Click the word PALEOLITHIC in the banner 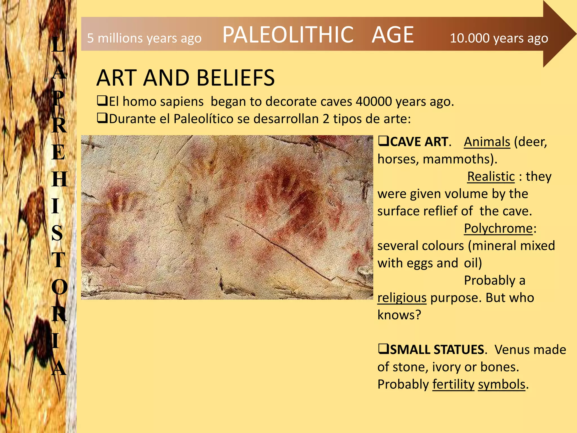pyautogui.click(x=288, y=35)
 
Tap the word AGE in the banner pyautogui.click(x=392, y=35)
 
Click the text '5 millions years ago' pyautogui.click(x=144, y=38)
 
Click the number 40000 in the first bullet pyautogui.click(x=374, y=101)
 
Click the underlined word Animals pyautogui.click(x=487, y=142)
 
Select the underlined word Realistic pyautogui.click(x=491, y=176)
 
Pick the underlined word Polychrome pyautogui.click(x=498, y=228)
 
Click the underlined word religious pyautogui.click(x=402, y=298)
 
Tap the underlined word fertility pyautogui.click(x=453, y=384)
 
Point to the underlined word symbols pyautogui.click(x=501, y=384)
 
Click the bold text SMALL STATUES pyautogui.click(x=437, y=350)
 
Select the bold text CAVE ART pyautogui.click(x=419, y=142)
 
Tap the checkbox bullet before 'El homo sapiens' pyautogui.click(x=102, y=101)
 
